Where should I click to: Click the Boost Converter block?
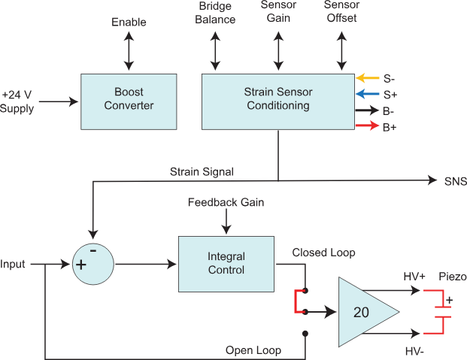click(129, 101)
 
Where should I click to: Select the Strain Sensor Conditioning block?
click(278, 101)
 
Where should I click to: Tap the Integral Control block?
click(226, 264)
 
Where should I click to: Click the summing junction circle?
click(93, 264)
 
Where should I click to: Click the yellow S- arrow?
click(368, 78)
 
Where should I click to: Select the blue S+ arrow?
click(368, 94)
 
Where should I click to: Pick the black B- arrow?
click(367, 110)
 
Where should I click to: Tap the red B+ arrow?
click(367, 126)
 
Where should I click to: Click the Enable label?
click(129, 22)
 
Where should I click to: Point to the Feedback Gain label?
click(226, 202)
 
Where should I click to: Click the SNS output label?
click(456, 181)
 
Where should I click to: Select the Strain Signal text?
click(202, 172)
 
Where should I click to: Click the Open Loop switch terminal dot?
click(305, 334)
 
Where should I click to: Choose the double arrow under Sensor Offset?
click(341, 51)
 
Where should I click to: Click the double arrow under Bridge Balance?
click(215, 51)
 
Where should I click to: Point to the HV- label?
click(414, 352)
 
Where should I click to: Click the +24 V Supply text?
click(17, 101)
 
